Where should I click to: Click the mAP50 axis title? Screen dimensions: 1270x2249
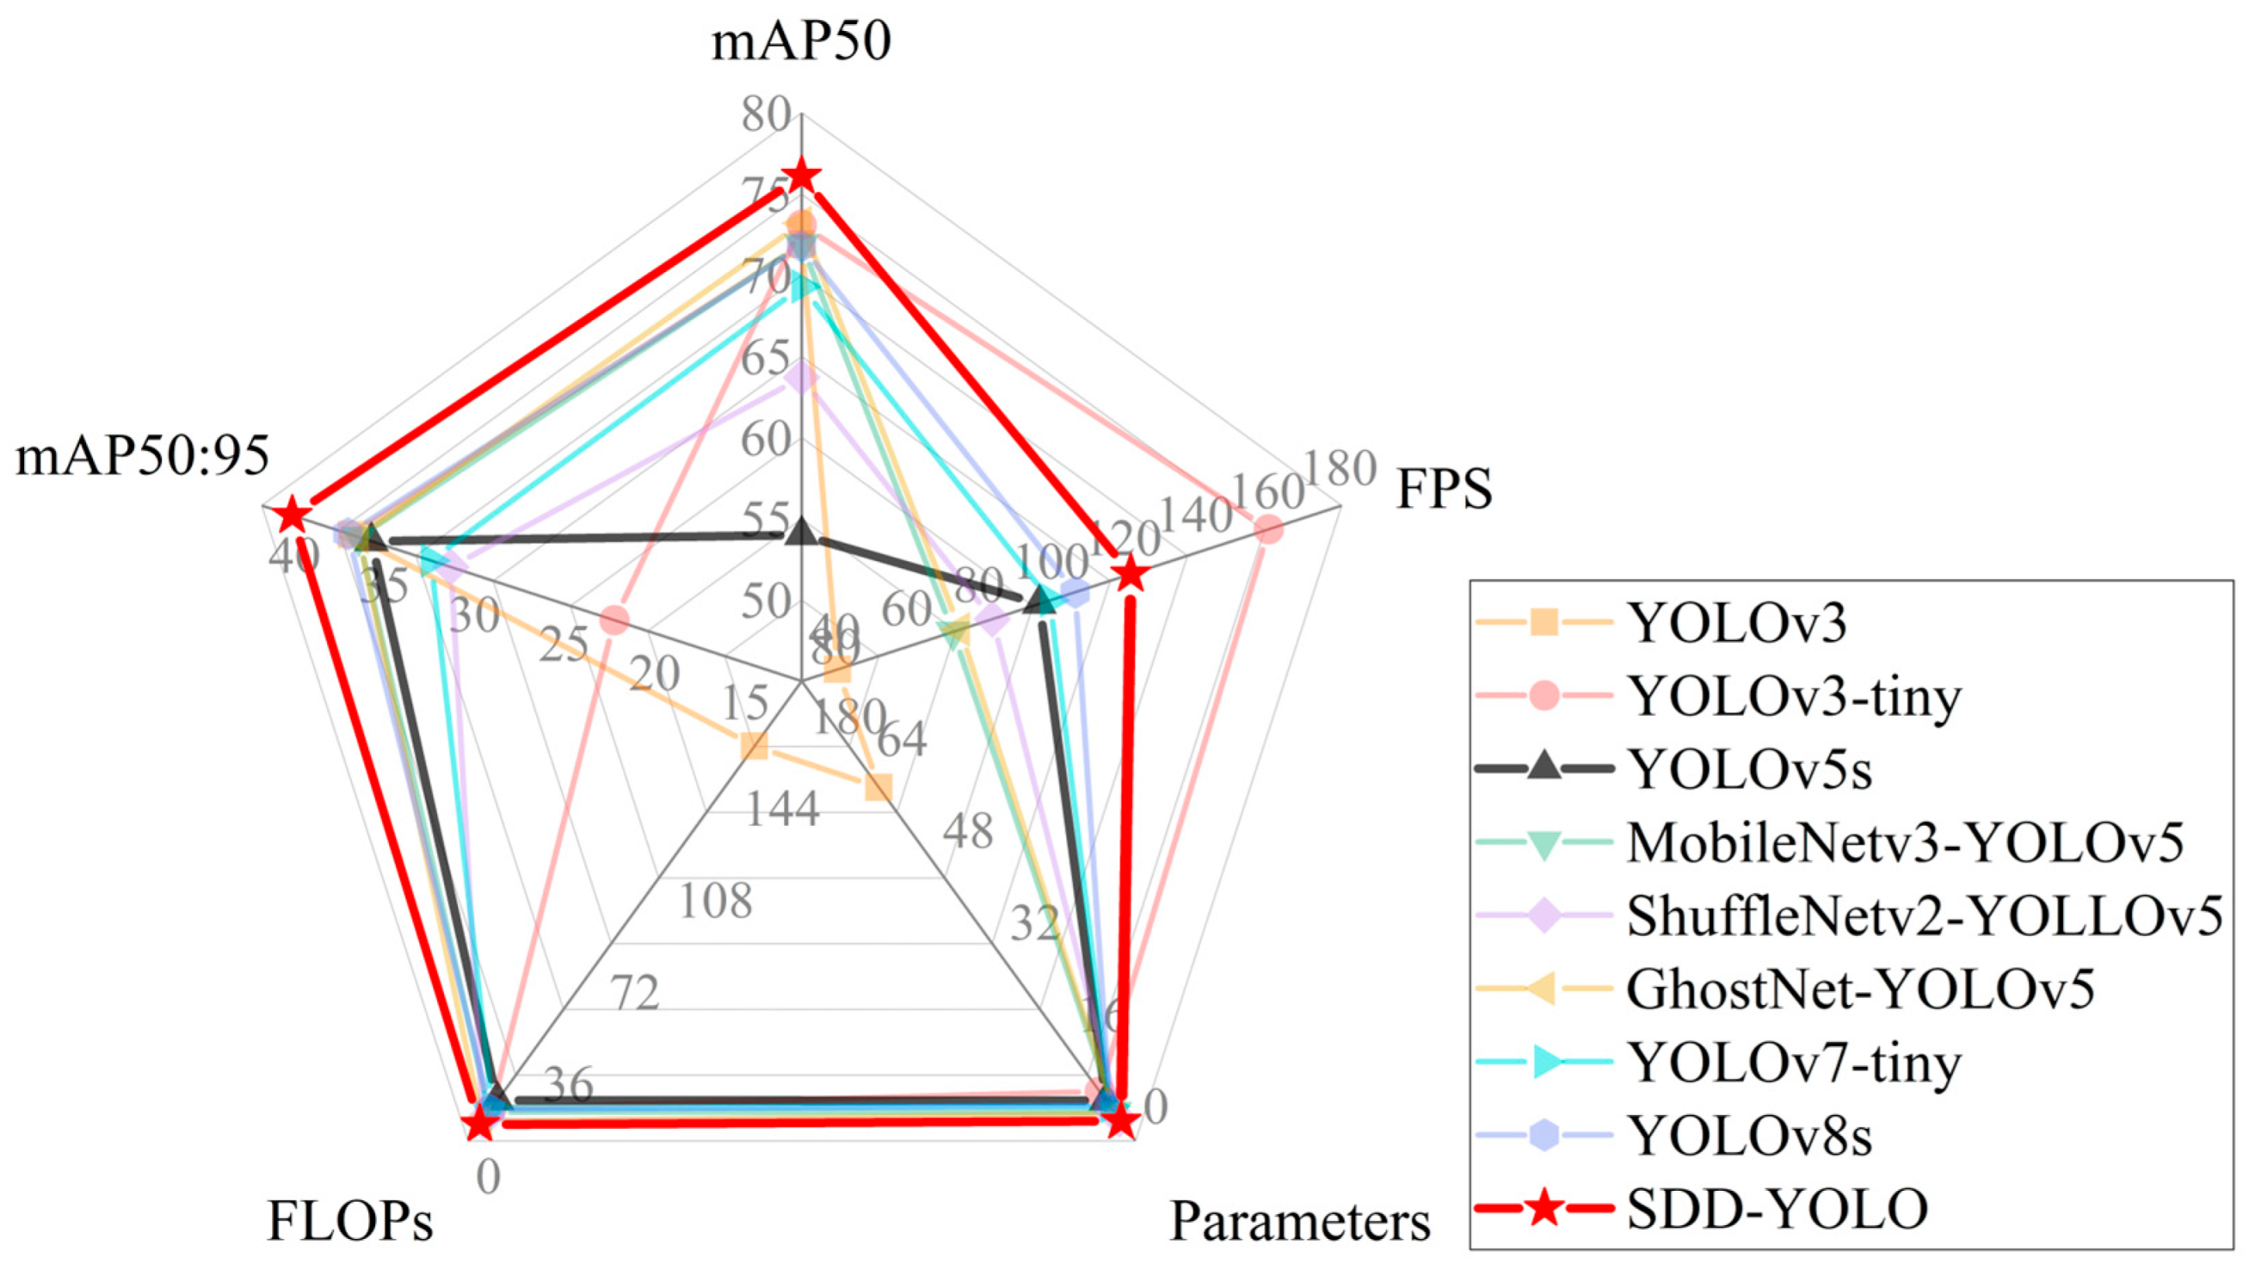[801, 41]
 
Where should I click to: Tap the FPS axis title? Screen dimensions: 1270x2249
[1444, 489]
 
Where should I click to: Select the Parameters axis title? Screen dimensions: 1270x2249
[1299, 1220]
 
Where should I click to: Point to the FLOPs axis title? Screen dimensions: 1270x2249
[349, 1220]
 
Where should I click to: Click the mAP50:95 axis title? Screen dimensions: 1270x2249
[142, 457]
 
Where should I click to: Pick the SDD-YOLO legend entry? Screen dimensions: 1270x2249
[1777, 1209]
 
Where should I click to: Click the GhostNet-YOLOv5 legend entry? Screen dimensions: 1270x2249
[1859, 989]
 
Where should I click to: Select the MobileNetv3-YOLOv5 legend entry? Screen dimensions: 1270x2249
[1903, 842]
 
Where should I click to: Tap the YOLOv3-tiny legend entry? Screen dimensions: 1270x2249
[1794, 697]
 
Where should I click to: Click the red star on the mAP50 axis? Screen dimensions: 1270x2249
[801, 177]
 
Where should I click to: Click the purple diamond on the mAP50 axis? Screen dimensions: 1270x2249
[801, 378]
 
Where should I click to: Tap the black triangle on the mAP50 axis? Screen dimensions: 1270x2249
[801, 533]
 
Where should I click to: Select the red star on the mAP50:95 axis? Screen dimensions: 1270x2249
[291, 516]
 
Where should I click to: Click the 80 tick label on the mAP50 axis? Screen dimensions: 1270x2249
[766, 114]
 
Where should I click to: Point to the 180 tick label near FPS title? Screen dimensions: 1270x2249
[1340, 469]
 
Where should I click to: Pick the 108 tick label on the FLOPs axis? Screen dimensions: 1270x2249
[715, 902]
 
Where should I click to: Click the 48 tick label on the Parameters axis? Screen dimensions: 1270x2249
[967, 831]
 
